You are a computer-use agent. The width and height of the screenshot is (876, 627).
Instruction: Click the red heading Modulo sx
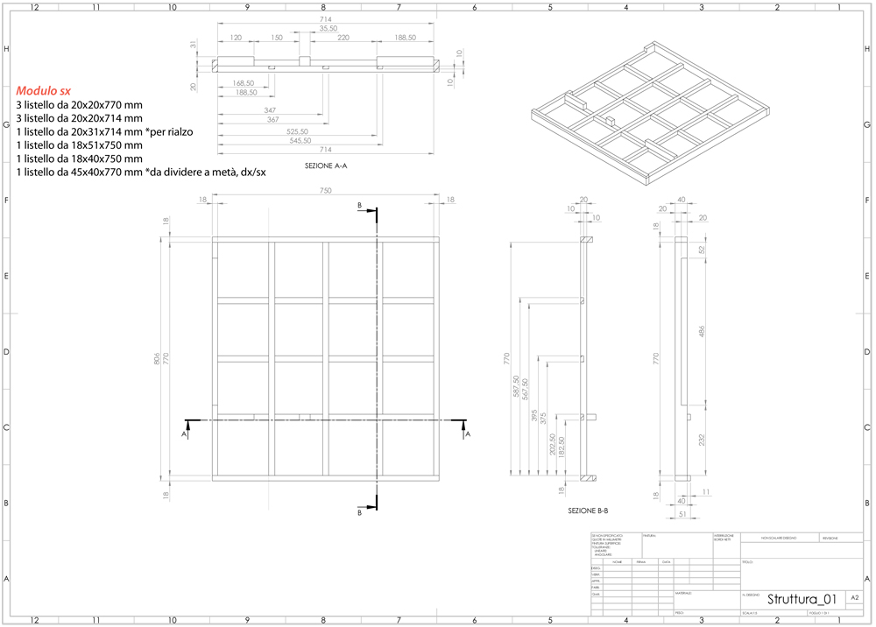click(43, 90)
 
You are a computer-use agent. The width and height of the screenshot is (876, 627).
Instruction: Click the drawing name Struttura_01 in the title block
click(802, 599)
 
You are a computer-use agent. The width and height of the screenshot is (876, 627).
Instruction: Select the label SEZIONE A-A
click(326, 166)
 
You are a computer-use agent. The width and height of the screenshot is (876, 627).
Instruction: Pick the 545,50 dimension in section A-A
click(325, 140)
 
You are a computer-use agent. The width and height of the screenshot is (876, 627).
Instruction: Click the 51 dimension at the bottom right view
click(681, 515)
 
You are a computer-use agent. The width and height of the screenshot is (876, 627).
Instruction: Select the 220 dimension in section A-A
click(343, 38)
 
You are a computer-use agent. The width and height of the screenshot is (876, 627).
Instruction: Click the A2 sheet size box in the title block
click(854, 597)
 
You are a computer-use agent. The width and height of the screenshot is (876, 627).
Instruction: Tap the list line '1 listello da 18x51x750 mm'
click(79, 144)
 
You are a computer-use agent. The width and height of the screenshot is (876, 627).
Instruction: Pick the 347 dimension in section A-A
click(270, 110)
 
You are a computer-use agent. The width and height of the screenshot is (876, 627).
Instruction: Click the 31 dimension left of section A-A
click(192, 44)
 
